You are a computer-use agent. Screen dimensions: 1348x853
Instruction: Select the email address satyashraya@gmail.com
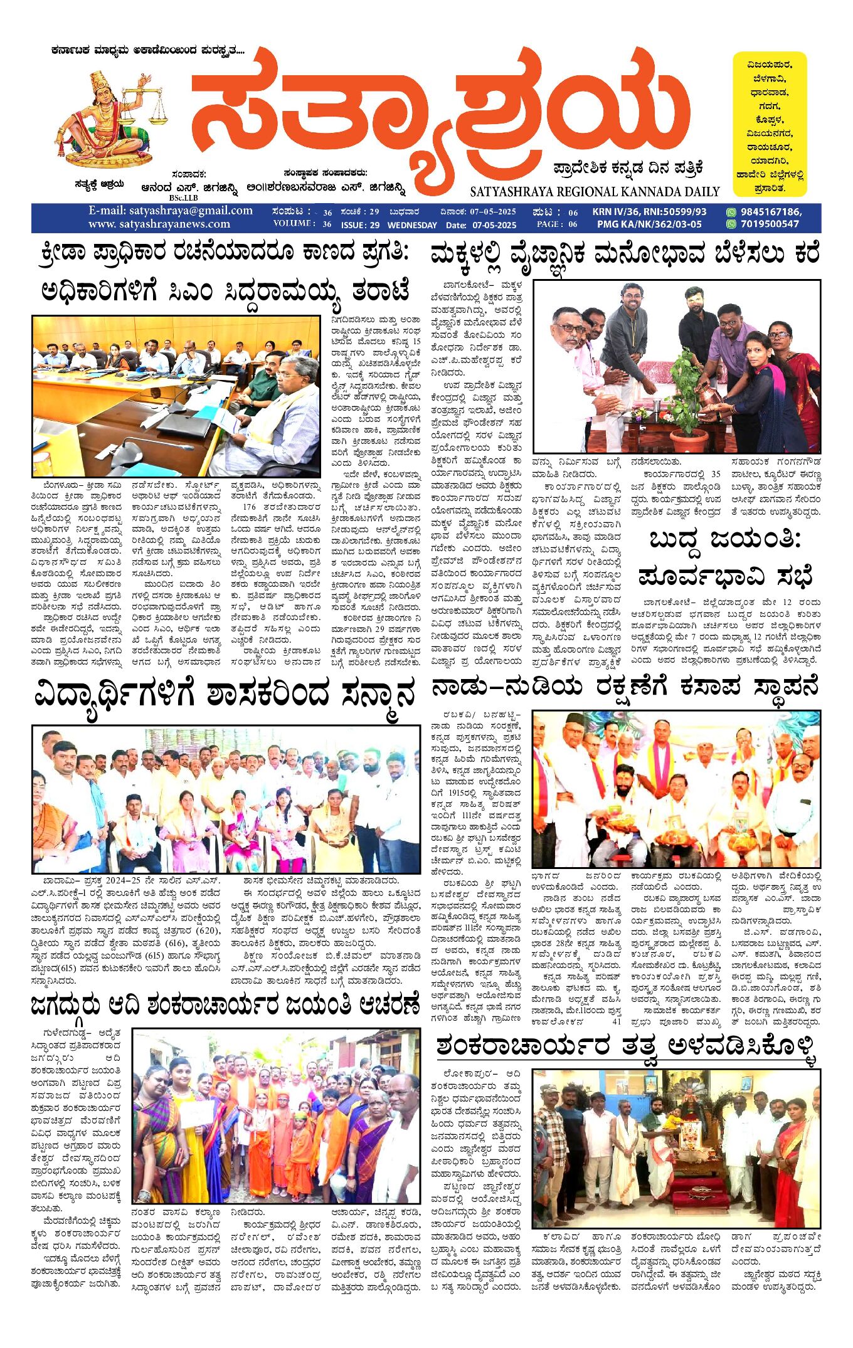point(170,211)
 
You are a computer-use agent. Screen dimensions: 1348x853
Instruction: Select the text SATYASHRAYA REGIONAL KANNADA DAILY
point(595,192)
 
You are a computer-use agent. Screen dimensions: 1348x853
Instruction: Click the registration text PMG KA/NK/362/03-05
point(649,224)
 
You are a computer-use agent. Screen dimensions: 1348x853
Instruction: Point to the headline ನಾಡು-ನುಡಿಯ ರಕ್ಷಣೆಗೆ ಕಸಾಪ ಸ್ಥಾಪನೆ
point(625,688)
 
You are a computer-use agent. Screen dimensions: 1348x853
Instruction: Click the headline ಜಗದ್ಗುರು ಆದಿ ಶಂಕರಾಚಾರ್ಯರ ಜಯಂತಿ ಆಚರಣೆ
point(225,1005)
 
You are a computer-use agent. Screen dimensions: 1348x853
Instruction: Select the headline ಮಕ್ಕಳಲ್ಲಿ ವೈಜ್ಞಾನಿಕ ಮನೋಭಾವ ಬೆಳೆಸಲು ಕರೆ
point(625,255)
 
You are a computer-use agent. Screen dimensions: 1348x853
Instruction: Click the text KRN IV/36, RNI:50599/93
point(649,212)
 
